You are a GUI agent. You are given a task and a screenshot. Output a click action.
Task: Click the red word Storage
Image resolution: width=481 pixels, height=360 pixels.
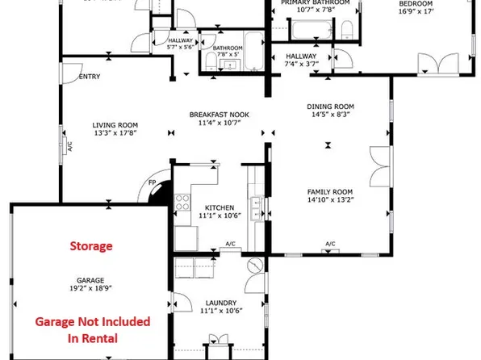click(x=90, y=245)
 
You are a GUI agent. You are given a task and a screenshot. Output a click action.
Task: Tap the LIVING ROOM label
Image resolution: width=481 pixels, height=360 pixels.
click(x=115, y=125)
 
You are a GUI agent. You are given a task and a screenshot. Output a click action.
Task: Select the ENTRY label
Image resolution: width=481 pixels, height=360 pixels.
click(x=88, y=77)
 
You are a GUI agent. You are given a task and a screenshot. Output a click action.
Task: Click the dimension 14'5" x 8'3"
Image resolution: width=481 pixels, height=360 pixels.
click(x=331, y=115)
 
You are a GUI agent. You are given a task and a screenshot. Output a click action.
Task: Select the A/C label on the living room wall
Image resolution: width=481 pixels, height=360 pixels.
click(x=69, y=147)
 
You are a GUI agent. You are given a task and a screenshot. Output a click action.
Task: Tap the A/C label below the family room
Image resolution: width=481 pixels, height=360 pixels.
click(x=330, y=244)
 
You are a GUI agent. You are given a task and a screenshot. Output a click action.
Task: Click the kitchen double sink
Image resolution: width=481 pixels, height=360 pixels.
click(x=257, y=208)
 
